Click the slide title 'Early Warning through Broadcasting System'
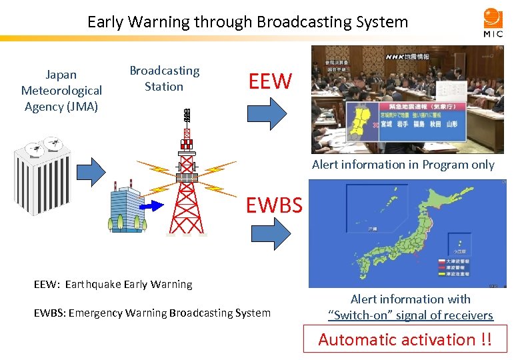(247, 22)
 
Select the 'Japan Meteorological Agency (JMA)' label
(61, 90)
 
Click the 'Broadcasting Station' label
(164, 79)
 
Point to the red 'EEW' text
(270, 81)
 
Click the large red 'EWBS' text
(274, 205)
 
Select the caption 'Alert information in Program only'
(403, 165)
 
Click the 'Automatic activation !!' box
(405, 339)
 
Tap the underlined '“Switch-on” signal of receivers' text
(410, 315)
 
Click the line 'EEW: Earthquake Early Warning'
(113, 284)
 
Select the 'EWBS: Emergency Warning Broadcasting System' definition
(152, 313)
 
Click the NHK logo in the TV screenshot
(398, 57)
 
